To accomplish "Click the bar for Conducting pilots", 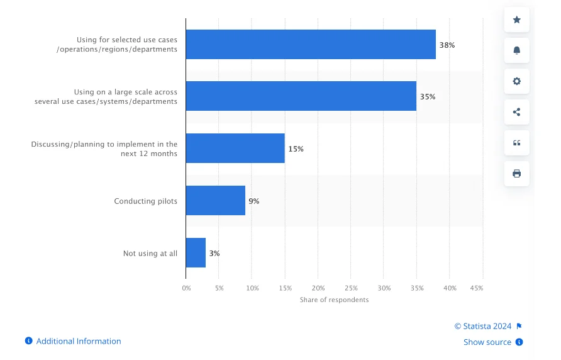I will [215, 201].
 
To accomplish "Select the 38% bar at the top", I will [311, 45].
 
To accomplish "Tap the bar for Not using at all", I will [196, 253].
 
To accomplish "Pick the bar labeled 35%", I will [301, 96].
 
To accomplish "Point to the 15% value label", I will [296, 149].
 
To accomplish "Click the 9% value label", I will [253, 201].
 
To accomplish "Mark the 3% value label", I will [214, 254].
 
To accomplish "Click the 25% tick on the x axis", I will [351, 288].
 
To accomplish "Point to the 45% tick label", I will [477, 288].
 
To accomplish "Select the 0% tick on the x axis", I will [186, 288].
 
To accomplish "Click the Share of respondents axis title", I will [334, 300].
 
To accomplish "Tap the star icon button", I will [517, 20].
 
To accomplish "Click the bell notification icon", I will [517, 50].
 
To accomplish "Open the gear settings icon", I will [517, 81].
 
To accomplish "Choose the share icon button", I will [517, 112].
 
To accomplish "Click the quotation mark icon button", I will [517, 143].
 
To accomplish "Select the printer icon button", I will [517, 174].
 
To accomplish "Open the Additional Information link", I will [78, 341].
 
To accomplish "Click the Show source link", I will [487, 342].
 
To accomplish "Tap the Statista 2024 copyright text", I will [483, 326].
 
